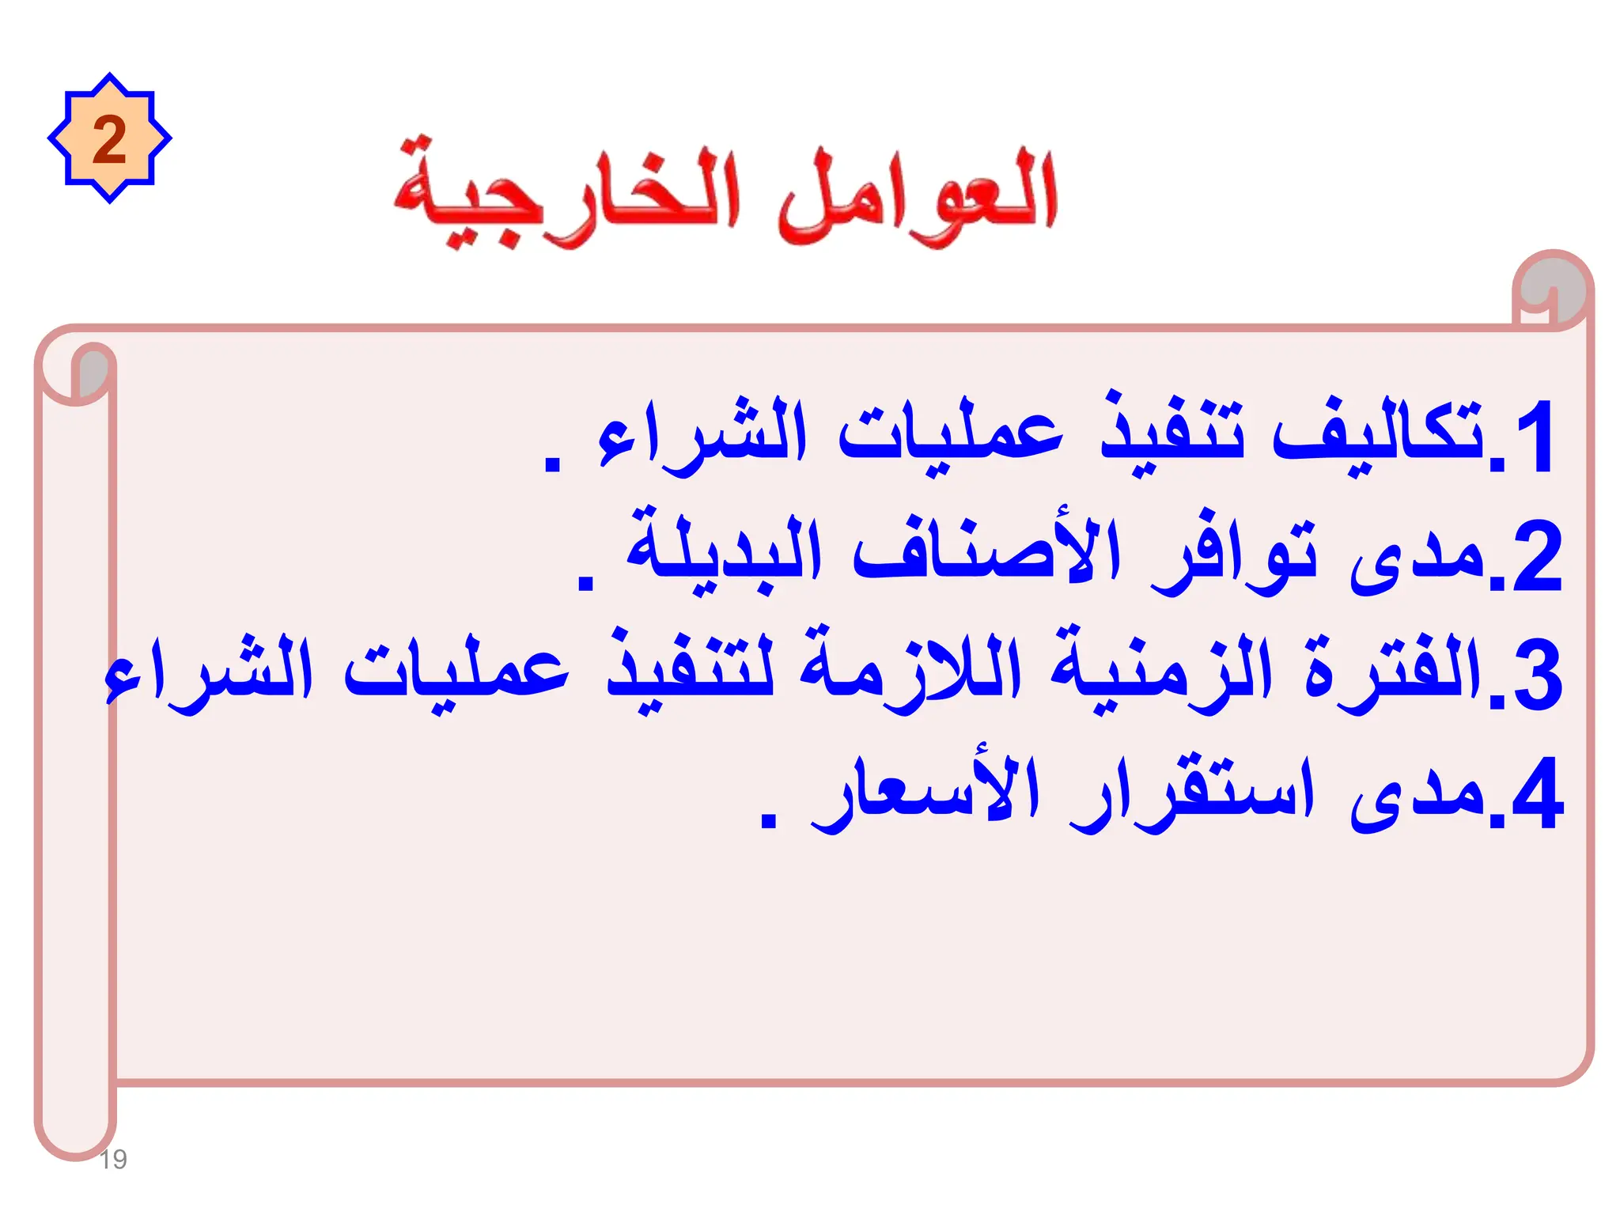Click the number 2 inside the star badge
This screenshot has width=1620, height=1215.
109,139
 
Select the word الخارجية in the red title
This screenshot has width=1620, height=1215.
566,198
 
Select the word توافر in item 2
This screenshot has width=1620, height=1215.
1234,554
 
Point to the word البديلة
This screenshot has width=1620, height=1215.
724,550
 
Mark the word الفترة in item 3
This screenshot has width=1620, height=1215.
1392,672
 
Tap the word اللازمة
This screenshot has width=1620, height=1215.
910,672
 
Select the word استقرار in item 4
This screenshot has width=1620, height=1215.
1190,791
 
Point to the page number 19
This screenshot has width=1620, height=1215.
113,1160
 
